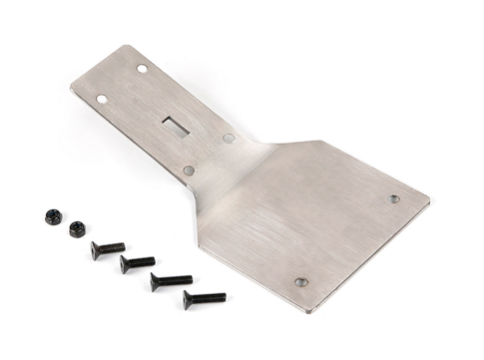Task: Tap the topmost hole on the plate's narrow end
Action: tap(142, 69)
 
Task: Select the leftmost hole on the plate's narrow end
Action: tap(102, 99)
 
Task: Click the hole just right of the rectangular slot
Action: tap(229, 139)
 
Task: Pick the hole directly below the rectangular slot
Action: tap(189, 171)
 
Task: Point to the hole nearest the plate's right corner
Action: tap(393, 198)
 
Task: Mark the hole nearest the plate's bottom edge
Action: tap(300, 282)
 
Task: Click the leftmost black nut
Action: tap(53, 216)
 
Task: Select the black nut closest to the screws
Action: tap(77, 228)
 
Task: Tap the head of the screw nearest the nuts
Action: tap(97, 250)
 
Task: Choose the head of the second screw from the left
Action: tap(126, 265)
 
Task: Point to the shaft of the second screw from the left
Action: tap(143, 261)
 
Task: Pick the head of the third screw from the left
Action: tap(157, 283)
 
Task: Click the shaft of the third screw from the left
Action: tap(176, 279)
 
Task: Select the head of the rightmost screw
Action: tap(189, 300)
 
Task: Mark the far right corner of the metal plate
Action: tap(430, 205)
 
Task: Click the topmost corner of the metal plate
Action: tap(131, 45)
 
